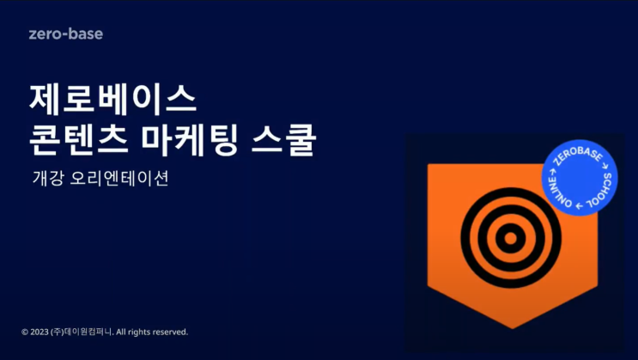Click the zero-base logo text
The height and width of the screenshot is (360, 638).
click(66, 34)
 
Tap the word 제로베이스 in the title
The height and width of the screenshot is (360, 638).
click(113, 99)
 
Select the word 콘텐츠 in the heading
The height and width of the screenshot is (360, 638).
click(79, 141)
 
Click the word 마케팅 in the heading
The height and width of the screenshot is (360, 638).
click(188, 141)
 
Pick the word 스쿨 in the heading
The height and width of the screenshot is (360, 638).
click(283, 141)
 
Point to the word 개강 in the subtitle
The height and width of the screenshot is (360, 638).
click(48, 179)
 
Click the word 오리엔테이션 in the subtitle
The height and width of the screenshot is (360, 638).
click(119, 179)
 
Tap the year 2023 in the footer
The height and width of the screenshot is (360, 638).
click(39, 333)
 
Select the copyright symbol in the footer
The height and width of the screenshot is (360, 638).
click(25, 333)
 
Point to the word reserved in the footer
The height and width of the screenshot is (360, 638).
click(171, 333)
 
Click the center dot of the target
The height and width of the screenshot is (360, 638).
click(511, 238)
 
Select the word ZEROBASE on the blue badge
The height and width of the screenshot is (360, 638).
click(578, 156)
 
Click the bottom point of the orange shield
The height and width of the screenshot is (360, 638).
click(513, 328)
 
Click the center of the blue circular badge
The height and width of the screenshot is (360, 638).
click(580, 178)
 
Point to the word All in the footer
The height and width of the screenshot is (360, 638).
click(120, 333)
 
